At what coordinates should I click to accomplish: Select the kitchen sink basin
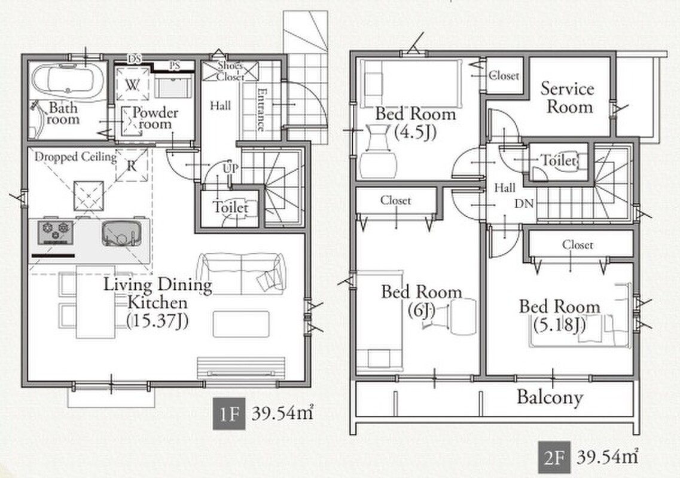pyautogui.click(x=122, y=234)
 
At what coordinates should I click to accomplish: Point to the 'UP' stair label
pyautogui.click(x=230, y=167)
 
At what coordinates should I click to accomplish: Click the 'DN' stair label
pyautogui.click(x=524, y=203)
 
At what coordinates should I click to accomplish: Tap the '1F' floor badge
pyautogui.click(x=229, y=414)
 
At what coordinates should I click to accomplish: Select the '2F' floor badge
pyautogui.click(x=554, y=458)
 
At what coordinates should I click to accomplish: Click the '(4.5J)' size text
pyautogui.click(x=415, y=132)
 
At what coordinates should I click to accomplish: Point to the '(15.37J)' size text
pyautogui.click(x=157, y=320)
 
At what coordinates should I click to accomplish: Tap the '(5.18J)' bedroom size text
pyautogui.click(x=559, y=324)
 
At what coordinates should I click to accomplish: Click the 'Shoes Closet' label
pyautogui.click(x=230, y=72)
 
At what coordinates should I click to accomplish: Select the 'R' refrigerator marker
pyautogui.click(x=132, y=166)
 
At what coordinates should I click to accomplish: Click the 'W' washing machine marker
pyautogui.click(x=132, y=85)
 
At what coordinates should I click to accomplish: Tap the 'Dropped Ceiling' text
pyautogui.click(x=75, y=157)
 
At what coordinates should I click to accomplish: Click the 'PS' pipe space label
pyautogui.click(x=175, y=66)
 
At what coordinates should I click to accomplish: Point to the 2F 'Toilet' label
pyautogui.click(x=559, y=161)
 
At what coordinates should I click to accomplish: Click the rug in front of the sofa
pyautogui.click(x=241, y=323)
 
